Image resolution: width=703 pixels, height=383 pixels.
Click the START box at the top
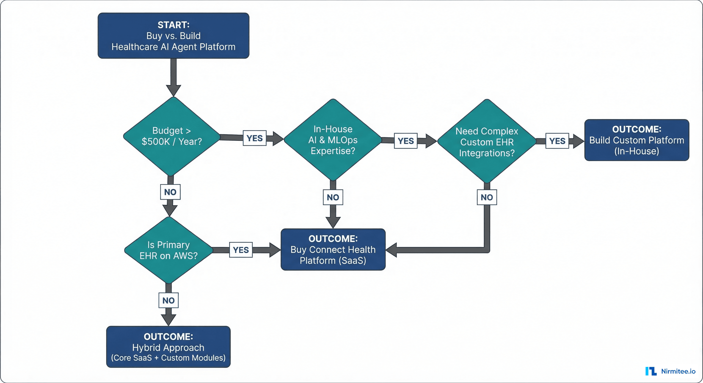point(173,36)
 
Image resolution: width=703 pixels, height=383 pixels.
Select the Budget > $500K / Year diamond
point(172,136)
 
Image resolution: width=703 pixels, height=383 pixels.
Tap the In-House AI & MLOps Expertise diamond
point(333,140)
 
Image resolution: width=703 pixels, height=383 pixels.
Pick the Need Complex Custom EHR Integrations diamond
point(487,141)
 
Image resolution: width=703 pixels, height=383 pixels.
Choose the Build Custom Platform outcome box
point(636,140)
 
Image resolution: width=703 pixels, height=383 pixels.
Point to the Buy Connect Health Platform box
point(333,250)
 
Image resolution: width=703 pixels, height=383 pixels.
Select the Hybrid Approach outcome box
point(168,347)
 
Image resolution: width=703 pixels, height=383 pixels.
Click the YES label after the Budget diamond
point(254,138)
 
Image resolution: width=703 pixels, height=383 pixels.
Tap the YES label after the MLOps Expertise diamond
point(405,141)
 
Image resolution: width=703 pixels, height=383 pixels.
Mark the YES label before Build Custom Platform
point(557,141)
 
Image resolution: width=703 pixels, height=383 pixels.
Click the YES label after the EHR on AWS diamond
point(241,250)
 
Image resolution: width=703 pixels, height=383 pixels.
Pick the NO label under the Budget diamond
point(170,192)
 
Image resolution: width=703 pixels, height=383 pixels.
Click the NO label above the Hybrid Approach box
point(168,300)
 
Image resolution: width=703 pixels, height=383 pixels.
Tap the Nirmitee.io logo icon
point(651,371)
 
